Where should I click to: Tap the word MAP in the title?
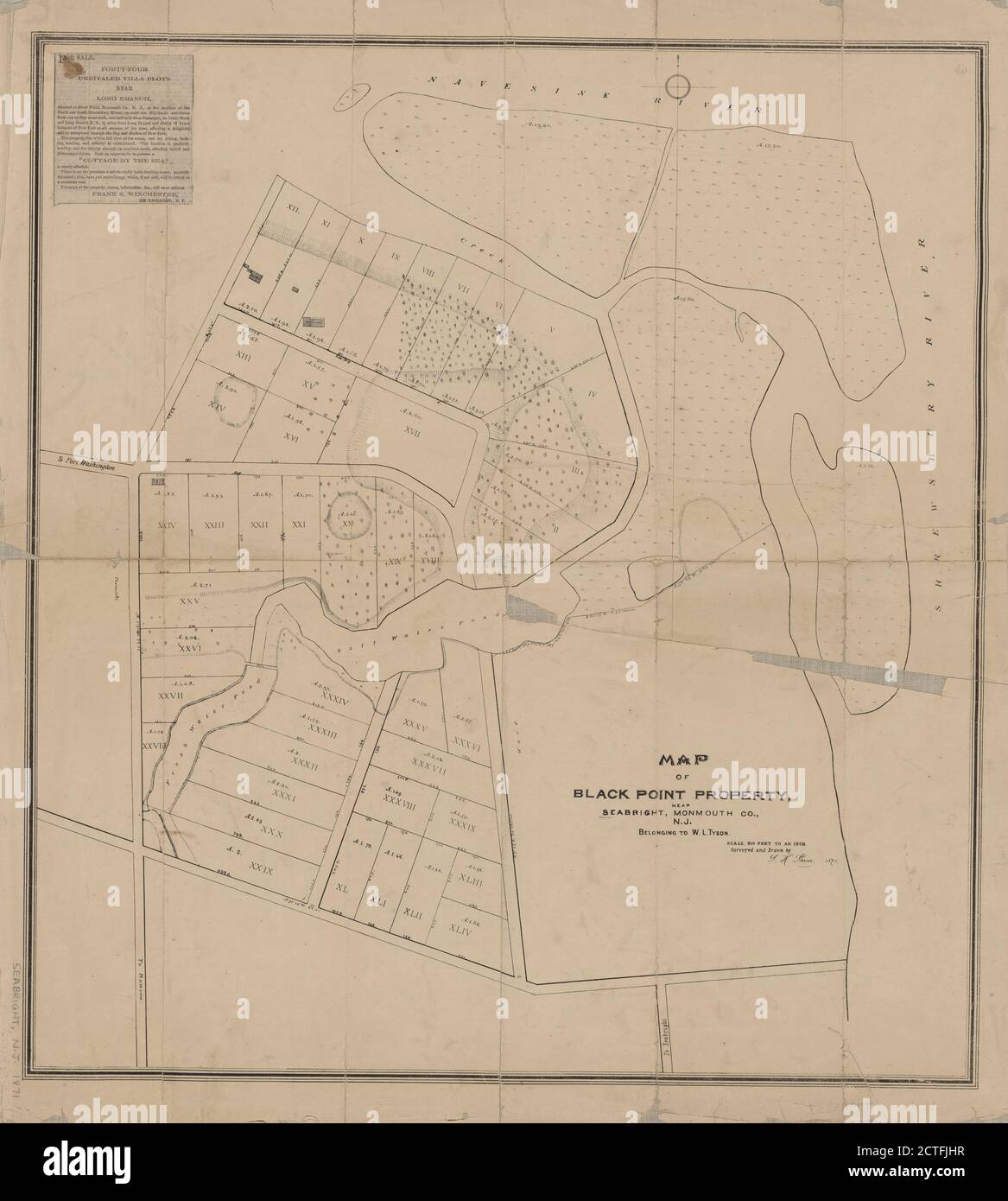coord(684,760)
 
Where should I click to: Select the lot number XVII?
coord(410,430)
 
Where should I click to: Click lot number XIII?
coord(243,355)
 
